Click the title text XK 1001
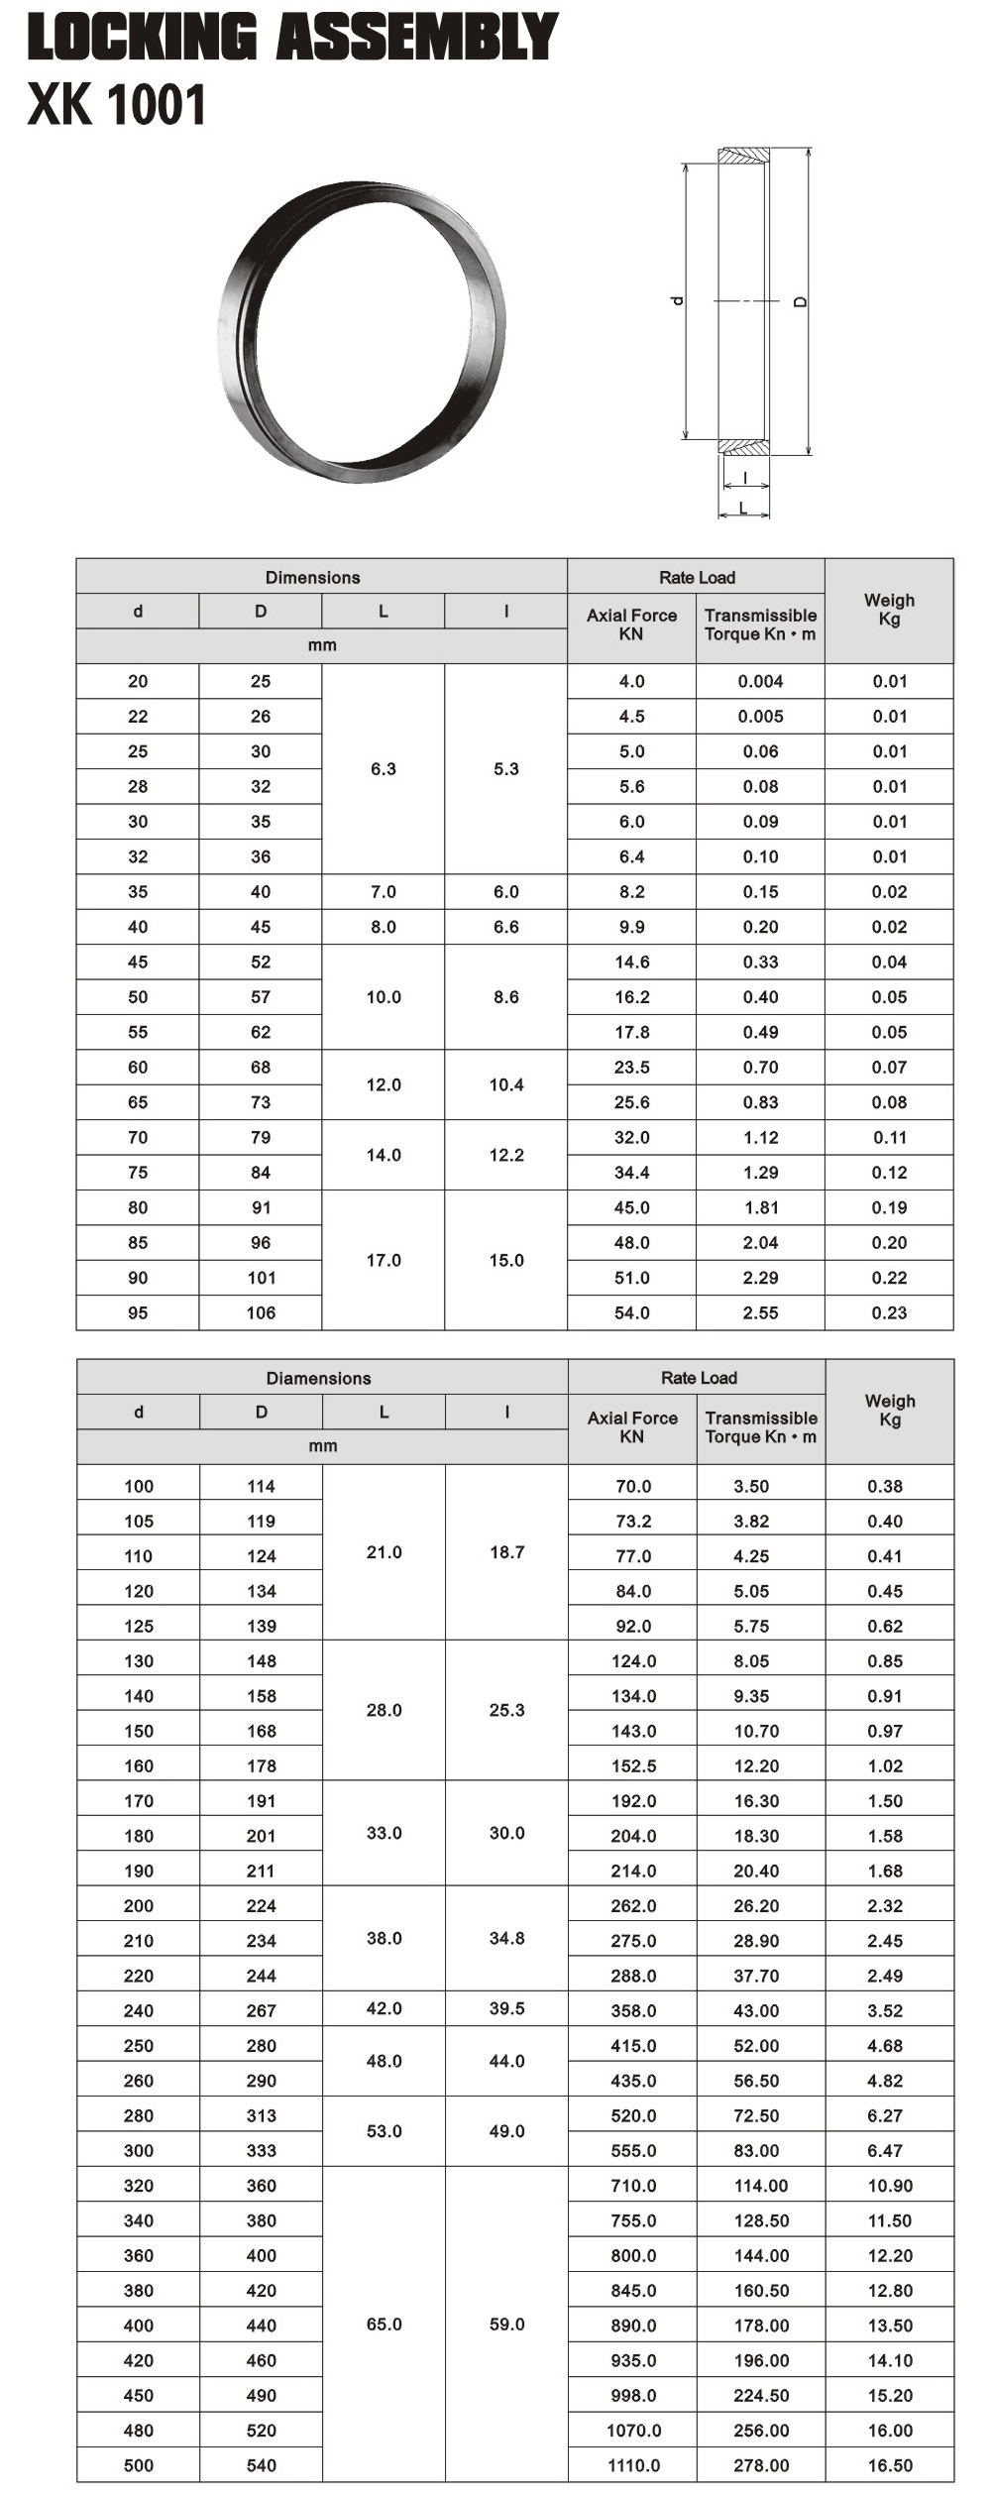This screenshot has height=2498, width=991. point(117,105)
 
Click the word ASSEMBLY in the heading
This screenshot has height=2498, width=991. point(416,38)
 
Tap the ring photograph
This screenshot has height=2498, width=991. point(362,331)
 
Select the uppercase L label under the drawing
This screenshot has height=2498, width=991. point(743,509)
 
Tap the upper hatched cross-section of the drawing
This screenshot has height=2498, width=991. point(743,156)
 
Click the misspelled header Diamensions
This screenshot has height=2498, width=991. point(318,1378)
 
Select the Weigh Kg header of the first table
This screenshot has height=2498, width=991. point(889,610)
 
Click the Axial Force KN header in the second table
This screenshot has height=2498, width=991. point(632,1427)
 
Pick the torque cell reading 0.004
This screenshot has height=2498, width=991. point(760,681)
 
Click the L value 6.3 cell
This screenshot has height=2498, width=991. point(384,769)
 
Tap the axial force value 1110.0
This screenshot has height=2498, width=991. point(633,2465)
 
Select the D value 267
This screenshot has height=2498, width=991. point(262,2010)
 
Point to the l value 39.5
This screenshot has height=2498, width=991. point(506,2008)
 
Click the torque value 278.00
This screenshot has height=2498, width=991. point(761,2465)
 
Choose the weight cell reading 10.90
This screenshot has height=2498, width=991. point(890,2186)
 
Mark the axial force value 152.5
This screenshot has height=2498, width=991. point(633,1766)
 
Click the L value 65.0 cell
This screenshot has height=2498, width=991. point(384,2325)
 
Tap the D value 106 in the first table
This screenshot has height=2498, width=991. point(262,1313)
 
